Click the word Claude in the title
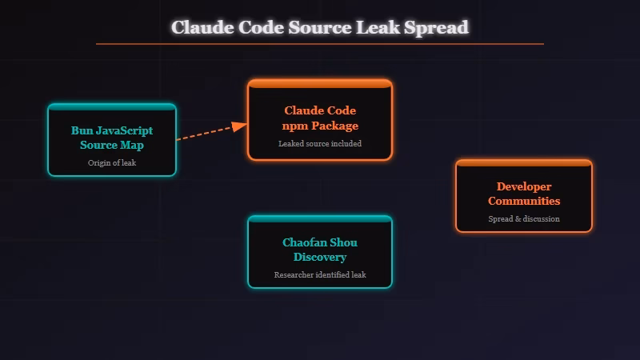(202, 27)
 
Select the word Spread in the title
(437, 27)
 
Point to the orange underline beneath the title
(320, 44)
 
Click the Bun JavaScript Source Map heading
(111, 138)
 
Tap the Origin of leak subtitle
(111, 162)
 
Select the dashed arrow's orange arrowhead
(239, 126)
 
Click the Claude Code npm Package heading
(320, 118)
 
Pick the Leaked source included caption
(320, 144)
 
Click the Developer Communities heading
(524, 194)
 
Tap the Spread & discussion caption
(524, 218)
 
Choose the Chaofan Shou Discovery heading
(320, 250)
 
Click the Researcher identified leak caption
(320, 274)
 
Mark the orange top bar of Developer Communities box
(524, 163)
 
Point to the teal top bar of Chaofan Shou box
(320, 219)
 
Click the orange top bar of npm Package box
(320, 83)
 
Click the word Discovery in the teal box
(320, 257)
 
